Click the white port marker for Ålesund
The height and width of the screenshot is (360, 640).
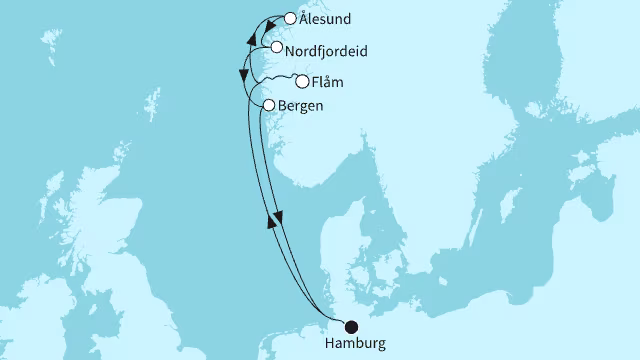290,17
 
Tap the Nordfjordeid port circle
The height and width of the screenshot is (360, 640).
276,47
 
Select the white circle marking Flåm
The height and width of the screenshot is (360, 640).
301,82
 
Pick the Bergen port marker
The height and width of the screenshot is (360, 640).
268,104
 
